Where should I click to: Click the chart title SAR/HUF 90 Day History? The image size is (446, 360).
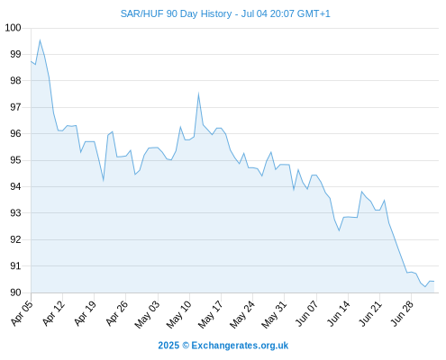(x=176, y=13)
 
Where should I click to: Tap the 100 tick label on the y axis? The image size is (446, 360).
(x=14, y=28)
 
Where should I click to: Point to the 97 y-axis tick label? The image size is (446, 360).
(x=15, y=107)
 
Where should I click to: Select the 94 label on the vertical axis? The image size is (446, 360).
(x=15, y=186)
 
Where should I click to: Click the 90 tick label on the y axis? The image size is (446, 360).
(x=15, y=292)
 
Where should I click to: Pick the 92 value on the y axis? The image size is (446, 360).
(x=15, y=239)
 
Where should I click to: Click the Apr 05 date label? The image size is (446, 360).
(x=22, y=313)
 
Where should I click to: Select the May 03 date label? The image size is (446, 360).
(x=147, y=314)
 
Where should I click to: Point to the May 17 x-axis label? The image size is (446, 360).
(x=211, y=314)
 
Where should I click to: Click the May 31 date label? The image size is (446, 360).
(x=274, y=314)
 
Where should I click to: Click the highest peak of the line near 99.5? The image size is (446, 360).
(x=40, y=40)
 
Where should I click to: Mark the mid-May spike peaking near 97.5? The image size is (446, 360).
(x=198, y=94)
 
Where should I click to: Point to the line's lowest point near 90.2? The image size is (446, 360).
(x=425, y=287)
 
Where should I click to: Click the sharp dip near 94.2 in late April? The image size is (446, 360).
(x=104, y=180)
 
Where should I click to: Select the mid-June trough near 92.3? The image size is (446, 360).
(x=339, y=230)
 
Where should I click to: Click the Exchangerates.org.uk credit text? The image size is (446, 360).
(x=240, y=346)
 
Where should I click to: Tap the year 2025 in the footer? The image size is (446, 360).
(x=168, y=346)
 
